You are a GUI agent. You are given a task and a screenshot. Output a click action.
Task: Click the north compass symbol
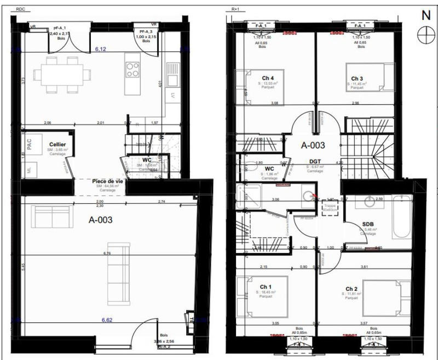pos(424,35)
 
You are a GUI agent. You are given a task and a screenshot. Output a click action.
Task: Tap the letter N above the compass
pos(425,15)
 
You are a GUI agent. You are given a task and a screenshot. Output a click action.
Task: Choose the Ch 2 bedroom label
pos(352,289)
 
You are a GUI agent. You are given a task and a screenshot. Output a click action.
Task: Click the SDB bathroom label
pos(367,225)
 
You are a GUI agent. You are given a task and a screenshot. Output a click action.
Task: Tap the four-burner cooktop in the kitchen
pos(132,69)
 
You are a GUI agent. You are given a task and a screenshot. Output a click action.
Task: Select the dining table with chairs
pos(60,73)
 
